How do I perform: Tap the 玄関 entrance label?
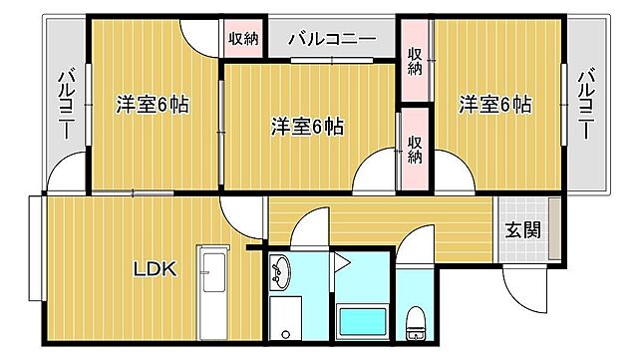click(x=522, y=229)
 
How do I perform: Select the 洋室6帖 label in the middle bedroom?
click(x=308, y=127)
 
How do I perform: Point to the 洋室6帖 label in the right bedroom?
click(x=494, y=104)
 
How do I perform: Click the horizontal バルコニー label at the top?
click(x=331, y=40)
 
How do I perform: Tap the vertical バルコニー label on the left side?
click(x=66, y=104)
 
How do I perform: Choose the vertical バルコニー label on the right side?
click(x=587, y=104)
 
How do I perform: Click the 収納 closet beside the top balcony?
click(x=243, y=40)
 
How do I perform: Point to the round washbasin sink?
click(x=281, y=268)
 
